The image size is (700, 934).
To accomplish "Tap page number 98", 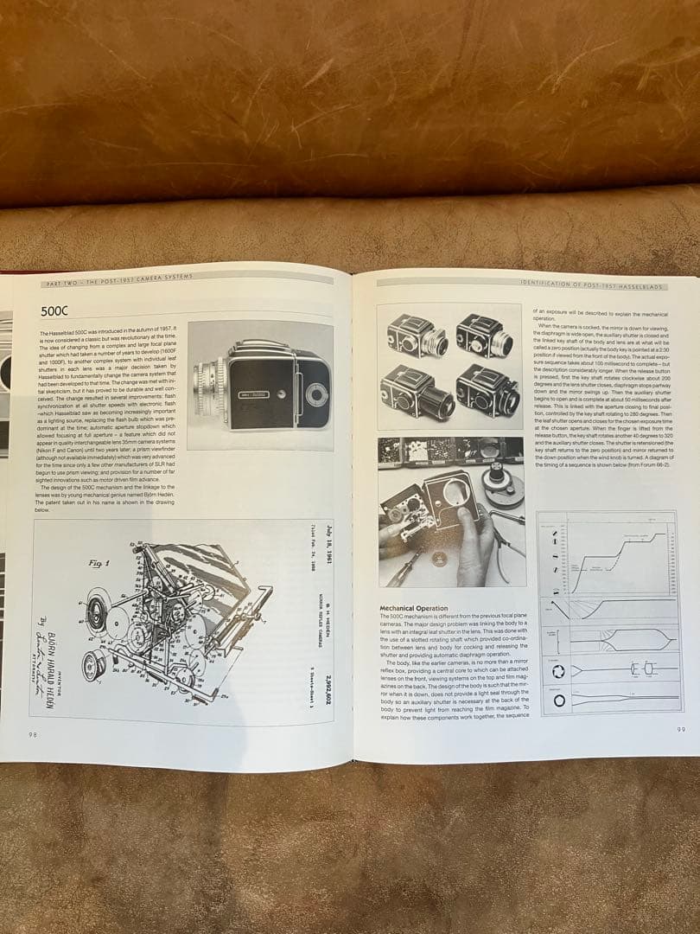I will click(32, 733).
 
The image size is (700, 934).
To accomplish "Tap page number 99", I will click(681, 729).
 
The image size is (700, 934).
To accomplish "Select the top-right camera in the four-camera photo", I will click(484, 334).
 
